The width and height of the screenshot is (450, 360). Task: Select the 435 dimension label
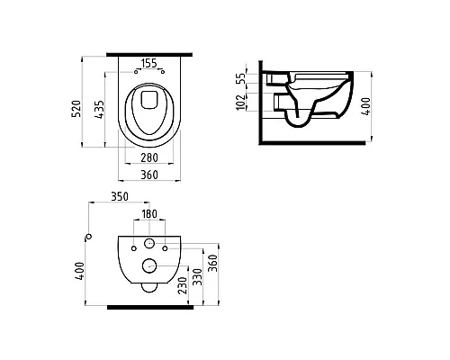point(101,108)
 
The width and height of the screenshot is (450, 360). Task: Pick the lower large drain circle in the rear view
point(148,265)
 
